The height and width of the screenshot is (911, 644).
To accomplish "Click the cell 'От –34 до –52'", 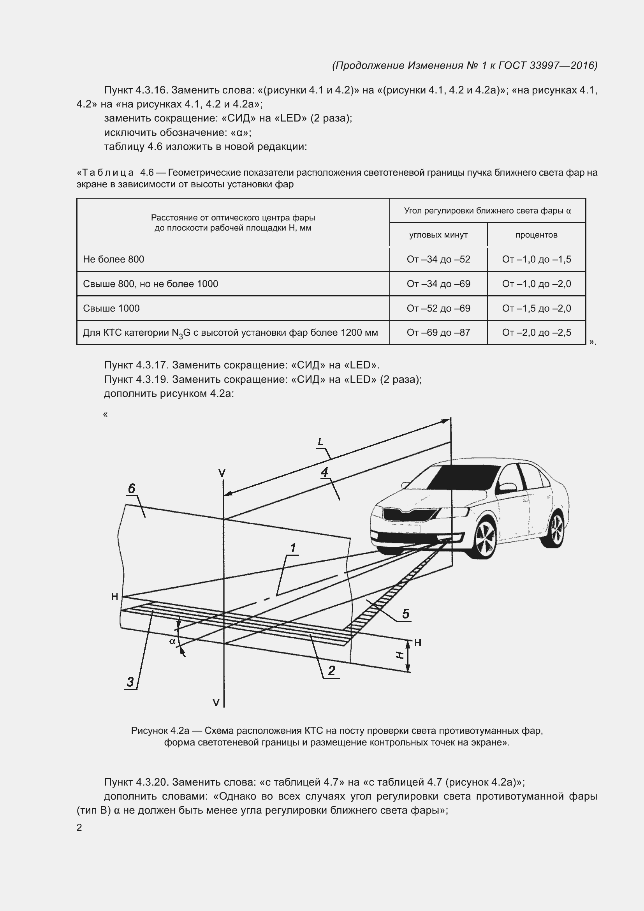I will (x=438, y=259).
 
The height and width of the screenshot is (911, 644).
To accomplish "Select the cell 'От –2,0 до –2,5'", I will (x=536, y=333).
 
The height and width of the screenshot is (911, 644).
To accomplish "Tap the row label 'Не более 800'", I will (x=113, y=259).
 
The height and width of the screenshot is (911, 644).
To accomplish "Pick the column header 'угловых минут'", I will (x=438, y=235).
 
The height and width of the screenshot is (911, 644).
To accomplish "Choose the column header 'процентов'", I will (x=536, y=235).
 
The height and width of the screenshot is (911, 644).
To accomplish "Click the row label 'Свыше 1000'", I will (x=111, y=308).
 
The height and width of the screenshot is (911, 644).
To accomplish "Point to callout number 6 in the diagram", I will (x=132, y=488).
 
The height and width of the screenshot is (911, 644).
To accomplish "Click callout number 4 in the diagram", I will (x=325, y=472).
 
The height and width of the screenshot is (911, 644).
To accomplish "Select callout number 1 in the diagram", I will (x=293, y=548).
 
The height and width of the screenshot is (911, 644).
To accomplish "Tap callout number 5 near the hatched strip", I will (x=405, y=614).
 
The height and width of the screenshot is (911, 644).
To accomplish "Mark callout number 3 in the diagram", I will (x=130, y=682).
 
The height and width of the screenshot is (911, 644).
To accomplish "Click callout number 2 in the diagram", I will (x=331, y=671).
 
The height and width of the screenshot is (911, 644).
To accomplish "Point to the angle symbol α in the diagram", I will (x=172, y=641).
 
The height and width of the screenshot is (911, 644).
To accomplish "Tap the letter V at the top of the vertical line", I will (x=222, y=473).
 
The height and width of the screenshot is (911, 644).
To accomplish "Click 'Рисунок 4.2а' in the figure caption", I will (x=160, y=731).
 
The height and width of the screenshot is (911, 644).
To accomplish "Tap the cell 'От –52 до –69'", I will (x=438, y=308).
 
